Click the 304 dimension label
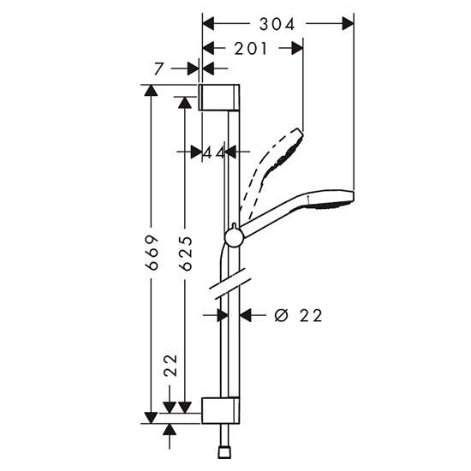277,24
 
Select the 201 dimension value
251,49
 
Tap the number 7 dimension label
158,69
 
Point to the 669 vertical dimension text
152,253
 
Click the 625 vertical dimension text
185,253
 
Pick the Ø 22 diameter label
298,316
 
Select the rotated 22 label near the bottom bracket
170,366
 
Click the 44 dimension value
214,152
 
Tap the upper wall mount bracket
219,98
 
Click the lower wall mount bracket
221,410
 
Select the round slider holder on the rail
234,237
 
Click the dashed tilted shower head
271,174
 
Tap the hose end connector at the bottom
224,453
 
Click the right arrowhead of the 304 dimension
348,24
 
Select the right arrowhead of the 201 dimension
297,48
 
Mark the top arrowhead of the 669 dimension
151,91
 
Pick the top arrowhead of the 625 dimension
185,103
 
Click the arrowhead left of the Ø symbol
245,315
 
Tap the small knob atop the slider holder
235,226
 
